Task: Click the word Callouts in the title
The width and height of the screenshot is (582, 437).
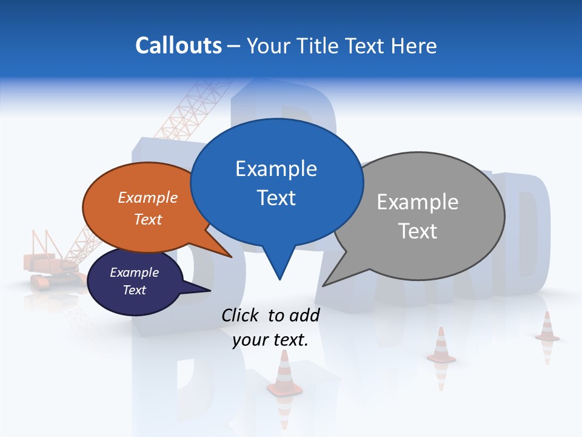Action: click(x=178, y=46)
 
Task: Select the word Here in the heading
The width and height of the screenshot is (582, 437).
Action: click(x=414, y=46)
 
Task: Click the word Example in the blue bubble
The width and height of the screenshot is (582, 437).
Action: click(x=276, y=169)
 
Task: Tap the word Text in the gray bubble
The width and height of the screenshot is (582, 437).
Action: click(x=417, y=231)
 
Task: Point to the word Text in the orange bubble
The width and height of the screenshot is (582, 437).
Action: click(x=148, y=219)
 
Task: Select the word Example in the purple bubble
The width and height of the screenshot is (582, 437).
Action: click(x=134, y=273)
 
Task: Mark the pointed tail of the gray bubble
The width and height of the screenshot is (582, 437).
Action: click(x=330, y=280)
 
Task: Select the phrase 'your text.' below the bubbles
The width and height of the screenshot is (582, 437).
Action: click(x=270, y=340)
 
